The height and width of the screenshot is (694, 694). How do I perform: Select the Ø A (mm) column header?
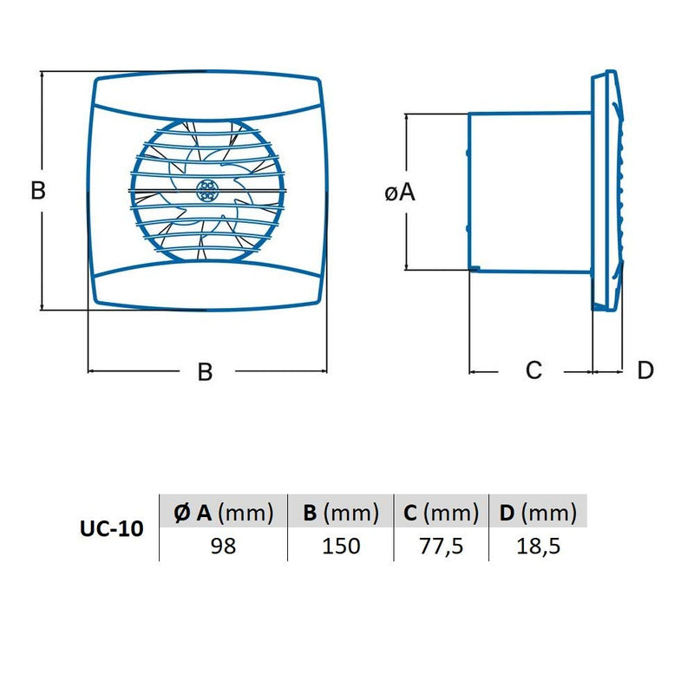[223, 513]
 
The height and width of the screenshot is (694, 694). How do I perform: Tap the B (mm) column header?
[341, 513]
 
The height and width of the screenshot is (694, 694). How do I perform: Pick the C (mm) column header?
[442, 513]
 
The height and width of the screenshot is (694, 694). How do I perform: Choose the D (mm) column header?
[538, 513]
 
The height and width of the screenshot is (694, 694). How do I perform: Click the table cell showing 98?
[223, 546]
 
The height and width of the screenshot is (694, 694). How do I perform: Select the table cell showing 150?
[341, 546]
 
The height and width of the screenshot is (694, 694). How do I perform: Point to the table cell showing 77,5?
[442, 546]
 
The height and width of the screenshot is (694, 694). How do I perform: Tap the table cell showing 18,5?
[538, 546]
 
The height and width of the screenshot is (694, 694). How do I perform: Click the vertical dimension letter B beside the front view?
[38, 191]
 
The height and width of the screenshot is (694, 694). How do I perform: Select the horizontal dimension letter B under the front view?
[205, 372]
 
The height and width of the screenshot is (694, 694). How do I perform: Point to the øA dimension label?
[400, 193]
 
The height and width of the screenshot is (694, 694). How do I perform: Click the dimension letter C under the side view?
[534, 371]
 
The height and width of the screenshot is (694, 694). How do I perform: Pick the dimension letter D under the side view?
[645, 371]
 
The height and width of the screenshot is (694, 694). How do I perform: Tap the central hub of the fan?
[208, 188]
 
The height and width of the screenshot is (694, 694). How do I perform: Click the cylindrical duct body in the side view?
[529, 191]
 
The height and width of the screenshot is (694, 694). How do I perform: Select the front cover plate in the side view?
[607, 191]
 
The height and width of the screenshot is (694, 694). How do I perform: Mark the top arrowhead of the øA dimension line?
[407, 116]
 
